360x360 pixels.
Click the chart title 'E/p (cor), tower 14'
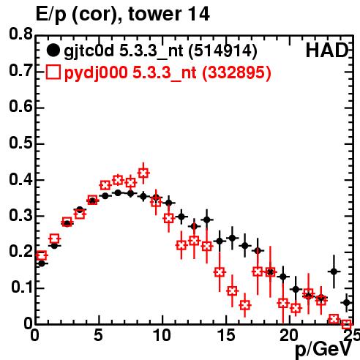coord(123,14)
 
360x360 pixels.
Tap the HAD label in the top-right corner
coord(327,50)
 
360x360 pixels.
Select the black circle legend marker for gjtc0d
coord(53,50)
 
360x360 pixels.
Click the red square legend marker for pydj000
coord(53,72)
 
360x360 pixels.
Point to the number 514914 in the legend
coord(223,50)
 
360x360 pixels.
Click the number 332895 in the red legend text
coord(236,72)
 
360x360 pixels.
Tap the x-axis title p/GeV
coord(323,349)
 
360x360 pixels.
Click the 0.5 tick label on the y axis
coord(20,143)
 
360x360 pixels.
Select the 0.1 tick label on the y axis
coord(22,287)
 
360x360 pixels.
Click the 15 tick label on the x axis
coord(227,335)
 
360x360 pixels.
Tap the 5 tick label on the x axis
coord(98,335)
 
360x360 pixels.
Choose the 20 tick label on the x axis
coord(289,335)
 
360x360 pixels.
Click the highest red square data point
coord(143,173)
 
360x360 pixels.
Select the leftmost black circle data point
coord(42,263)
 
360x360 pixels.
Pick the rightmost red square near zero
coord(347,324)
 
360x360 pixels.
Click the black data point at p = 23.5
coord(334,271)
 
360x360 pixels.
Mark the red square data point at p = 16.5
coord(245,305)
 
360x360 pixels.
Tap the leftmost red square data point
coord(42,255)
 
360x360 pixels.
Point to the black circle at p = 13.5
coord(207,220)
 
